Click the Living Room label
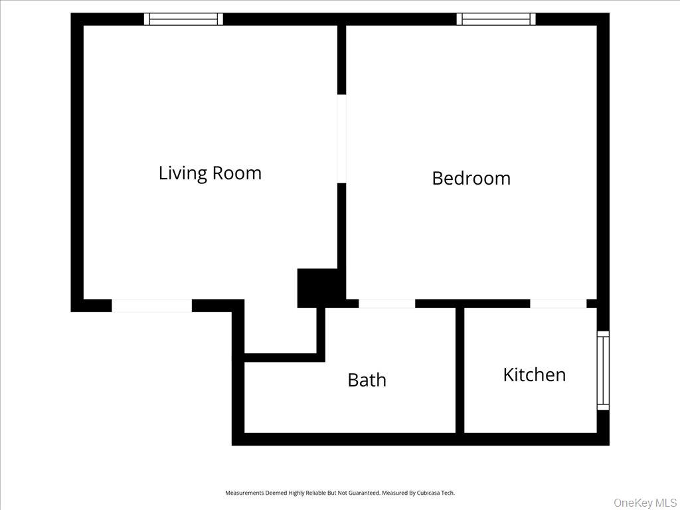[210, 173]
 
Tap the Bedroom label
[471, 178]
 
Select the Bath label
[367, 380]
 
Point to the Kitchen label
[534, 375]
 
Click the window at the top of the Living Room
[183, 19]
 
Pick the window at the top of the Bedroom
[496, 19]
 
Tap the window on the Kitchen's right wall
[603, 370]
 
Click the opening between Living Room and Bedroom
[341, 138]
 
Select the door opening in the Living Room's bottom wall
[151, 305]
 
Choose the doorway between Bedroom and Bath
[386, 303]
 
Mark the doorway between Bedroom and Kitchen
[558, 303]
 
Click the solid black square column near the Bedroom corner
[317, 288]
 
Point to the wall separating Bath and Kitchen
[460, 370]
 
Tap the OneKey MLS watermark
[645, 502]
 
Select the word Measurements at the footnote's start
[244, 493]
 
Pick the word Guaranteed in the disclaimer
[364, 493]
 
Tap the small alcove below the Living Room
[280, 330]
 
